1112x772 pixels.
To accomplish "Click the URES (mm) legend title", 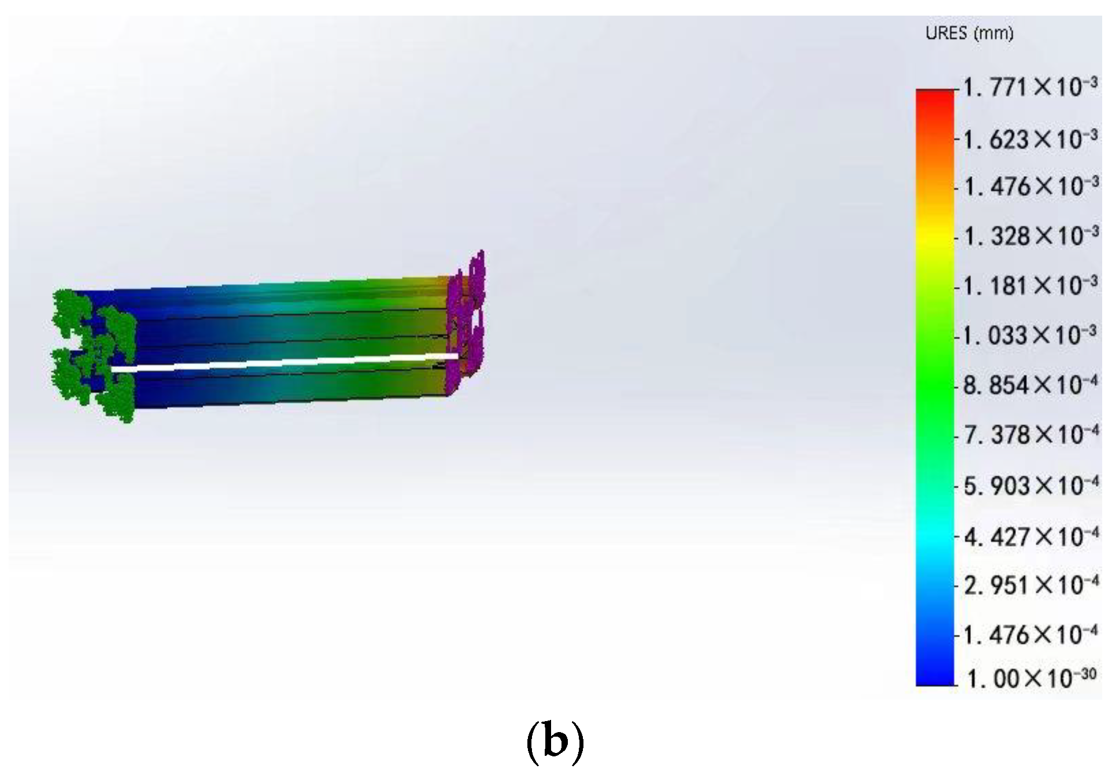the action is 969,33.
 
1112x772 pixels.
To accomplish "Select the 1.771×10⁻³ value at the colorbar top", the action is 1030,87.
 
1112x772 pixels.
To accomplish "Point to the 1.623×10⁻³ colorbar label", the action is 1030,139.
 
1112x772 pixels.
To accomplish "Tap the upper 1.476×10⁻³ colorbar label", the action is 1030,186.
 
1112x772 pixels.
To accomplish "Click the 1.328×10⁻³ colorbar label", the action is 1030,236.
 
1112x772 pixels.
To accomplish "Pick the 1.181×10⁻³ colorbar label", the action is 1030,285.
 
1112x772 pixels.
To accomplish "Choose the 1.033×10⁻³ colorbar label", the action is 1030,335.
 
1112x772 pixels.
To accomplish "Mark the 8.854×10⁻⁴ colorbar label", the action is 1030,384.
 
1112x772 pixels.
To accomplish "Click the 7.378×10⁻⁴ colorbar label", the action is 1030,434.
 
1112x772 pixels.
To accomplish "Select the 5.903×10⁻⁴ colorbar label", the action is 1030,486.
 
